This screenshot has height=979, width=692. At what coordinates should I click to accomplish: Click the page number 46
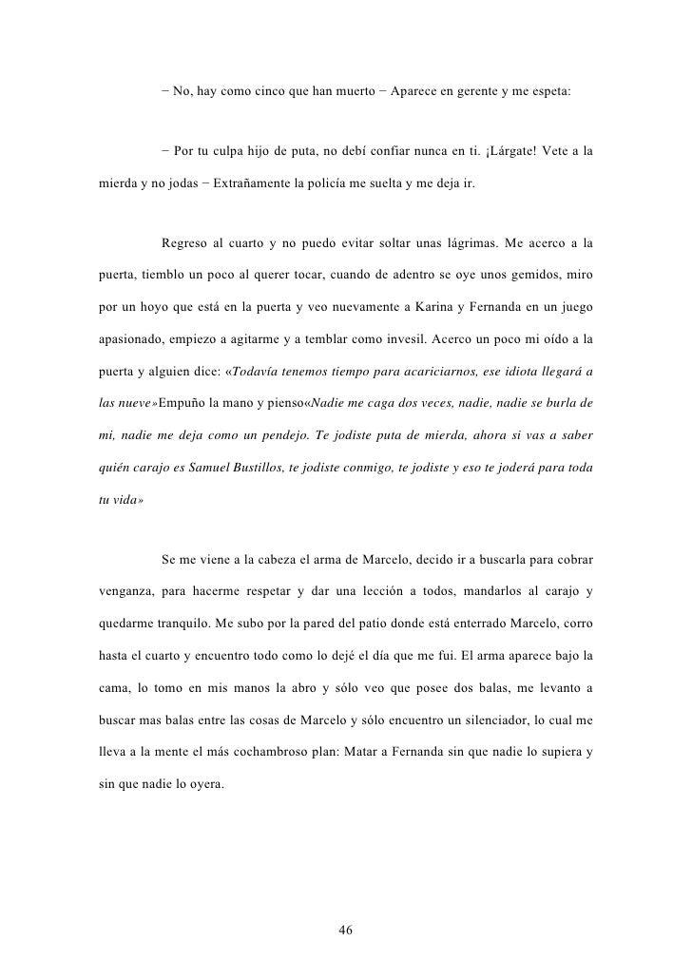pyautogui.click(x=346, y=930)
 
